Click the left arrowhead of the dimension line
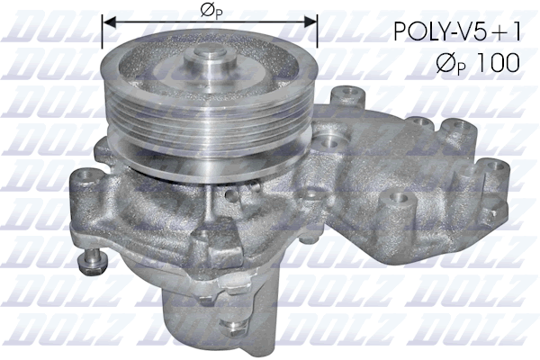click(x=107, y=21)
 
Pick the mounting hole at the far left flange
click(x=83, y=177)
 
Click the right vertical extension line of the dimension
click(x=318, y=31)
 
